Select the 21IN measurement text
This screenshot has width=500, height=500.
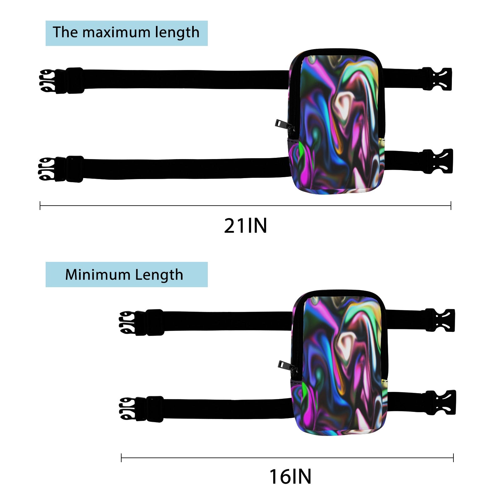(245, 226)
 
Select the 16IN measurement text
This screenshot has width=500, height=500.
(290, 477)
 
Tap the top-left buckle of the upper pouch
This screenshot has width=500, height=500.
(62, 81)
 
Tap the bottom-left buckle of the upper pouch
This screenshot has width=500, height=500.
(61, 169)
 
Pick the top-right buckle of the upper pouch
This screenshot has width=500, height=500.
(437, 79)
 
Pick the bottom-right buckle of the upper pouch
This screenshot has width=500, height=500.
(437, 161)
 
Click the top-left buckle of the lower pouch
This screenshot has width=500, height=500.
(142, 322)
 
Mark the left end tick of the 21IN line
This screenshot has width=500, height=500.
(40, 206)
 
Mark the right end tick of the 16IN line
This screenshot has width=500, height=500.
(453, 458)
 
